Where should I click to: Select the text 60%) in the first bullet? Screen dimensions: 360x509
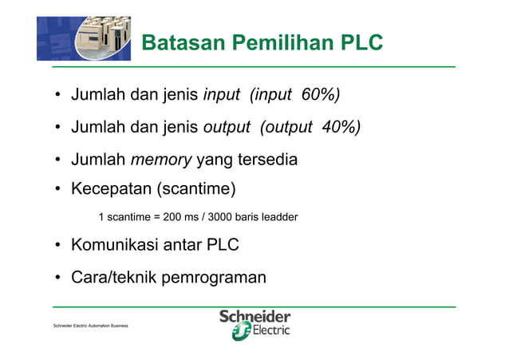321,96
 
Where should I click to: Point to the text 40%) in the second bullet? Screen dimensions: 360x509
341,128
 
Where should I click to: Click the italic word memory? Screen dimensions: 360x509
161,160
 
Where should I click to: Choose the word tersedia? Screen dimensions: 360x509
264,160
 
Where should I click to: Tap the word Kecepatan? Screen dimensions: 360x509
111,190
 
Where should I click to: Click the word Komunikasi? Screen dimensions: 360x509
115,245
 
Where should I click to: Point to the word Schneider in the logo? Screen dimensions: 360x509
255,317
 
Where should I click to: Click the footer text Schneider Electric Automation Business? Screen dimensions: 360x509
90,327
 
